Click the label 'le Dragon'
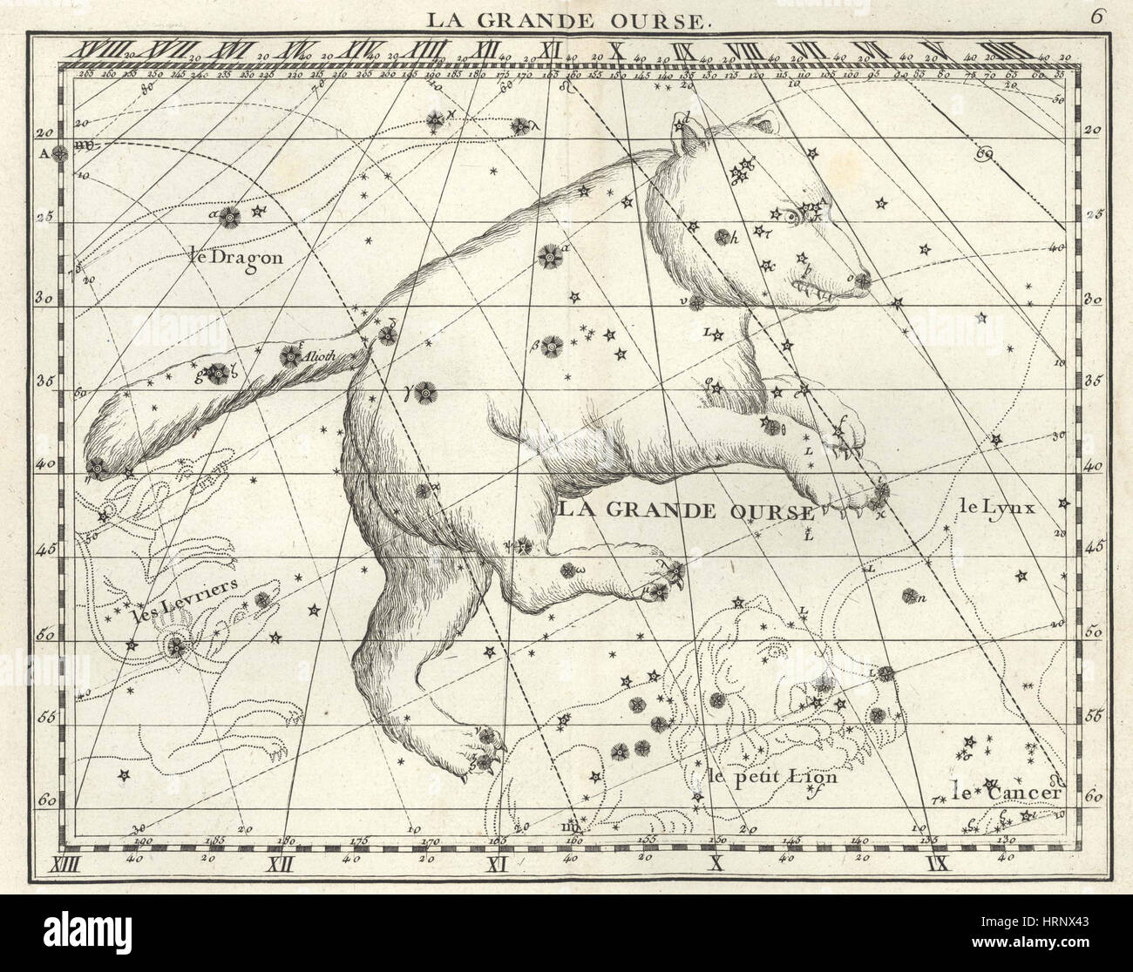point(235,256)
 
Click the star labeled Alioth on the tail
point(288,355)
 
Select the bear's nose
point(861,280)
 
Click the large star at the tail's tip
point(96,467)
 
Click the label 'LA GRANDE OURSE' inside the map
point(685,511)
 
